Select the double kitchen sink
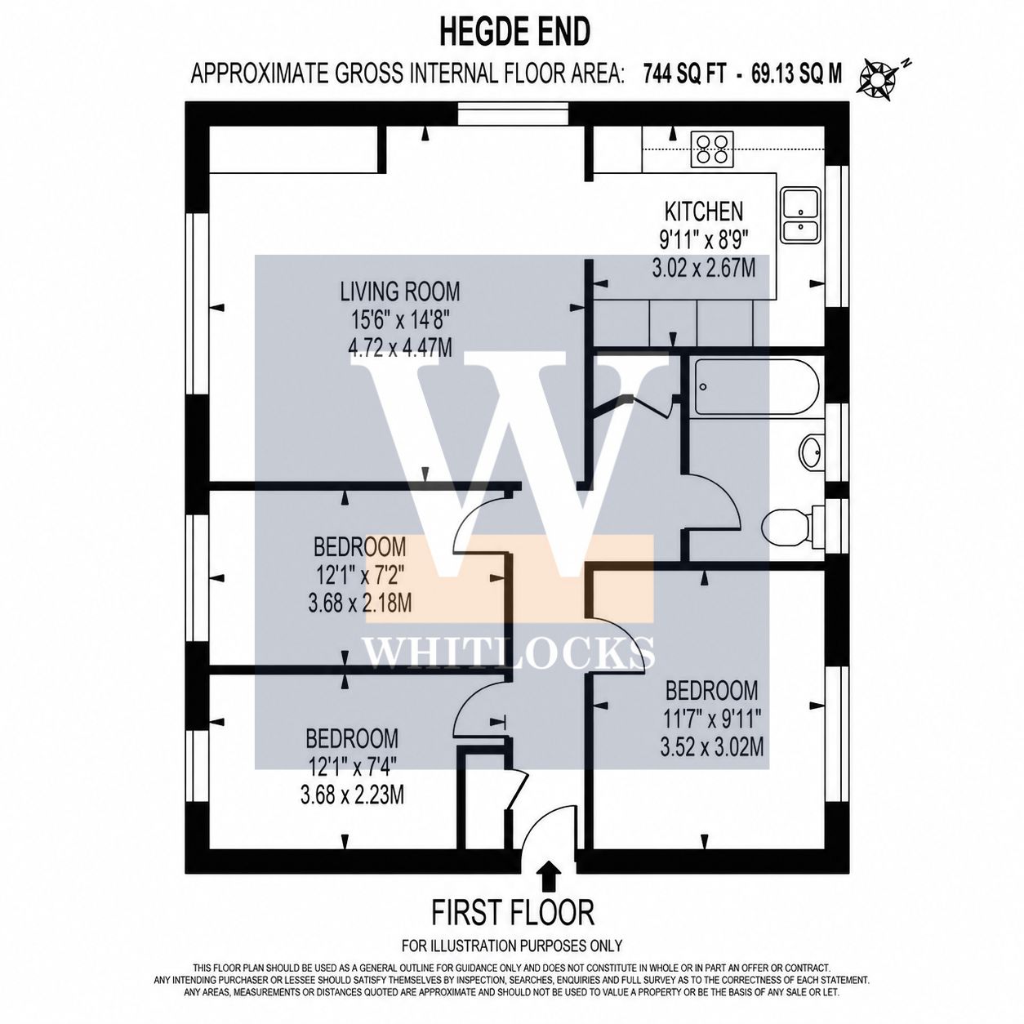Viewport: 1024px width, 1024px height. click(x=800, y=215)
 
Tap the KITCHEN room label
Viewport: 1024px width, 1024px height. click(x=704, y=211)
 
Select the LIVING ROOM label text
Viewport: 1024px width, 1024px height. click(x=400, y=292)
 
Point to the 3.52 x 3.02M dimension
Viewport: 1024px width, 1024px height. click(x=712, y=748)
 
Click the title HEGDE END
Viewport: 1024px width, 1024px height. click(x=515, y=33)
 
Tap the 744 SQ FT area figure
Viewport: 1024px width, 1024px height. click(x=684, y=73)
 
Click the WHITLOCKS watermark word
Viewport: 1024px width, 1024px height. click(x=510, y=652)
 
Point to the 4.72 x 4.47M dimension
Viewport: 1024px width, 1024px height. click(x=400, y=348)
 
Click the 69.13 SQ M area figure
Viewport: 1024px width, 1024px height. click(x=796, y=73)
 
